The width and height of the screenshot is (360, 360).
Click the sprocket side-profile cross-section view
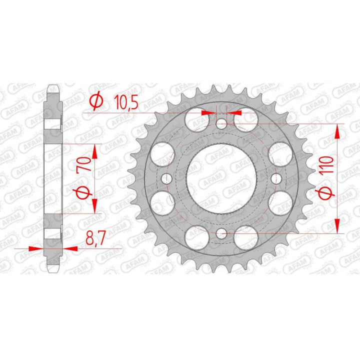click(x=53, y=178)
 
